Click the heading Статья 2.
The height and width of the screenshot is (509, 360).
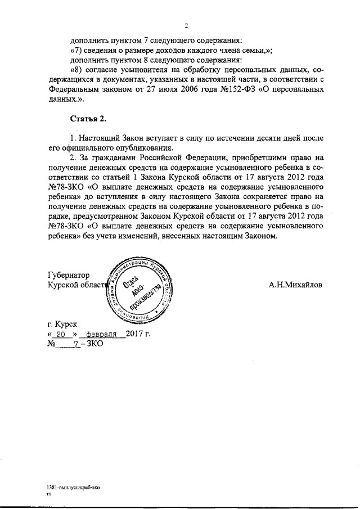pos(88,118)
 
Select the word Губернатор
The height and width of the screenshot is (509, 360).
pos(69,275)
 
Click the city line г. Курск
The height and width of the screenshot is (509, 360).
pos(63,325)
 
